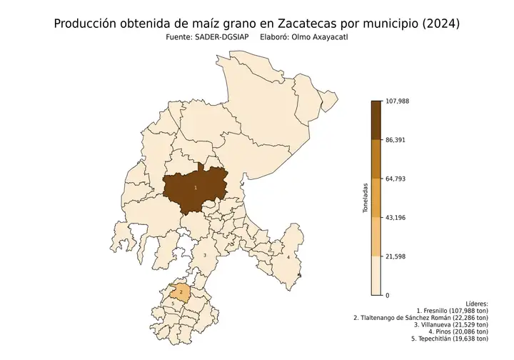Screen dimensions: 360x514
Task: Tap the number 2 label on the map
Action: coord(181,292)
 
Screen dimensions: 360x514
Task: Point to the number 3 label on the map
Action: coord(205,255)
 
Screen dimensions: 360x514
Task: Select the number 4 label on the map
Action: coord(288,257)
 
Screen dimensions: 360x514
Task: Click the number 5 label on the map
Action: coord(173,304)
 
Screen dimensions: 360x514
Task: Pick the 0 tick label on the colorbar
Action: coord(388,295)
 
